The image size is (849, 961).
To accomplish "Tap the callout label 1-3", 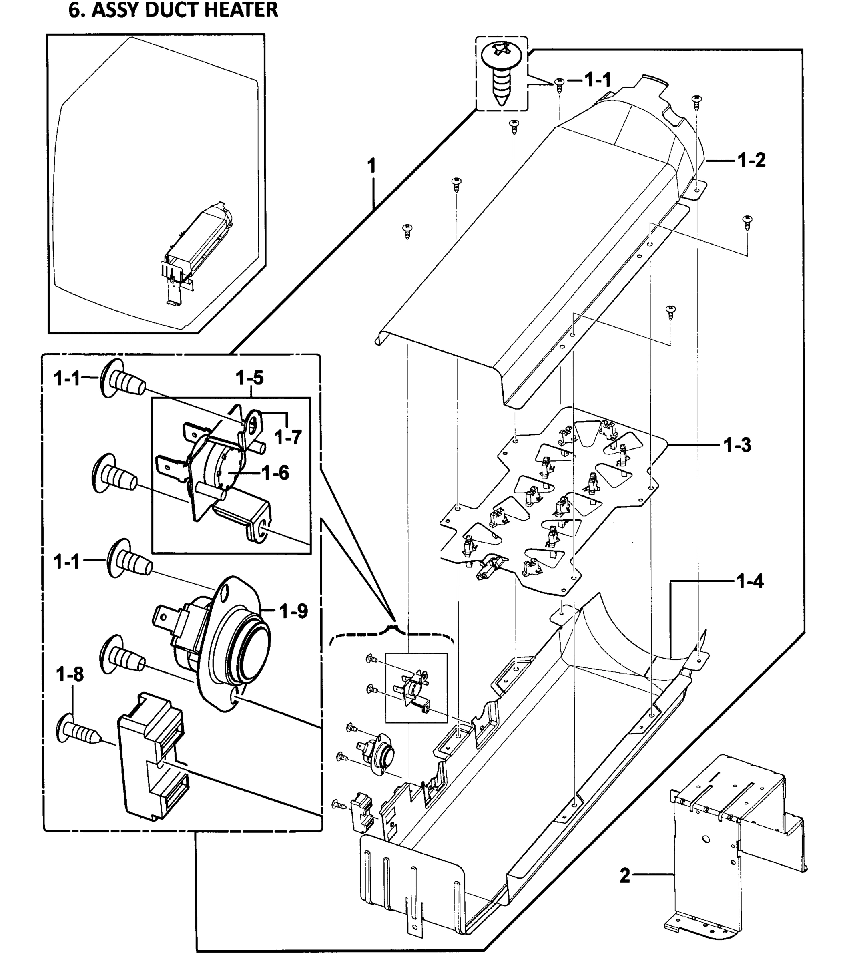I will click(737, 445).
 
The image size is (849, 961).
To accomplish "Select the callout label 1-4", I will click(749, 581).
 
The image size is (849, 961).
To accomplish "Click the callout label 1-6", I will click(275, 473).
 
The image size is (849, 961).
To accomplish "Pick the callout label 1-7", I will click(287, 438).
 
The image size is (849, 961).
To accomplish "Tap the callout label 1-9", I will click(293, 611).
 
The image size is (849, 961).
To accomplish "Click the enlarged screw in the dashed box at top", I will click(501, 73).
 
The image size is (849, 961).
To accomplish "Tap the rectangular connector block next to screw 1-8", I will click(153, 757).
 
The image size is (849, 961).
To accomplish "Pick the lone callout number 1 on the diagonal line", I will click(371, 166).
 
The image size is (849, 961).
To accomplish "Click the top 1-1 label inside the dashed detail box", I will click(68, 378).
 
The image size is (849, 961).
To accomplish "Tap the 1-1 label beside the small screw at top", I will click(598, 80).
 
